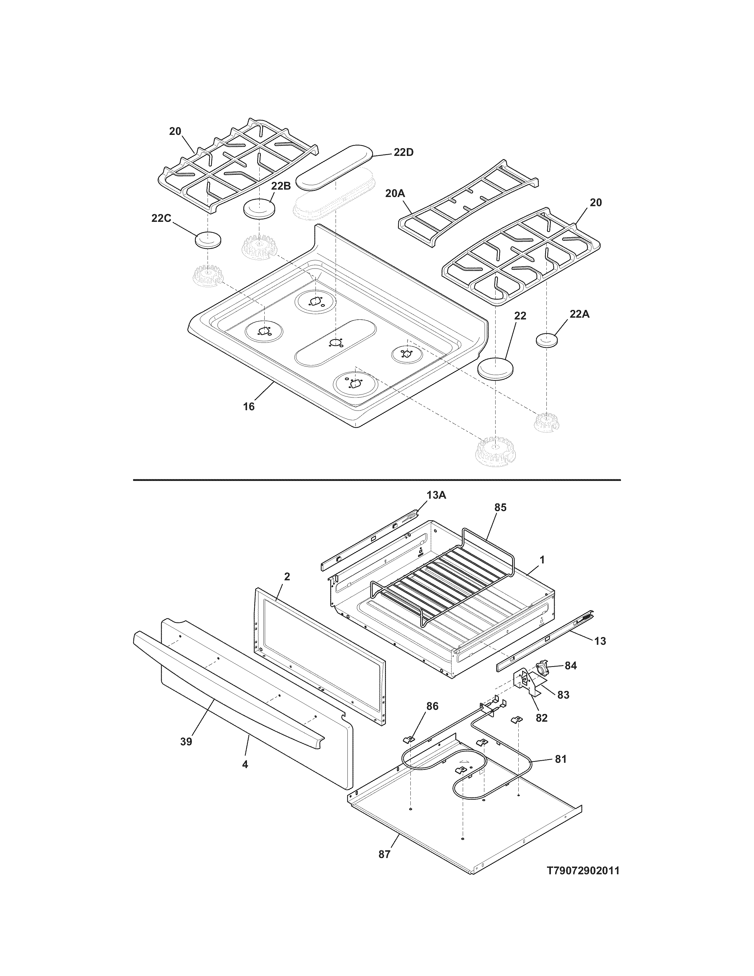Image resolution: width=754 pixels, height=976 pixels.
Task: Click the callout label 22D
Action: [x=403, y=152]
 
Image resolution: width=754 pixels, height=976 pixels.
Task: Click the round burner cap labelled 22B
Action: [x=259, y=209]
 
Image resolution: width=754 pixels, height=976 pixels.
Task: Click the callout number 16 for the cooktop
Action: [x=249, y=406]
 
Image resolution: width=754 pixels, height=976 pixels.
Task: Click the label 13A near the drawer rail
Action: [x=436, y=495]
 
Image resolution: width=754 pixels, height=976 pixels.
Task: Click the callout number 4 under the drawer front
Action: [x=245, y=764]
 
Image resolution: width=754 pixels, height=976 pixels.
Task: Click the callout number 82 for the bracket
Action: [x=541, y=718]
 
